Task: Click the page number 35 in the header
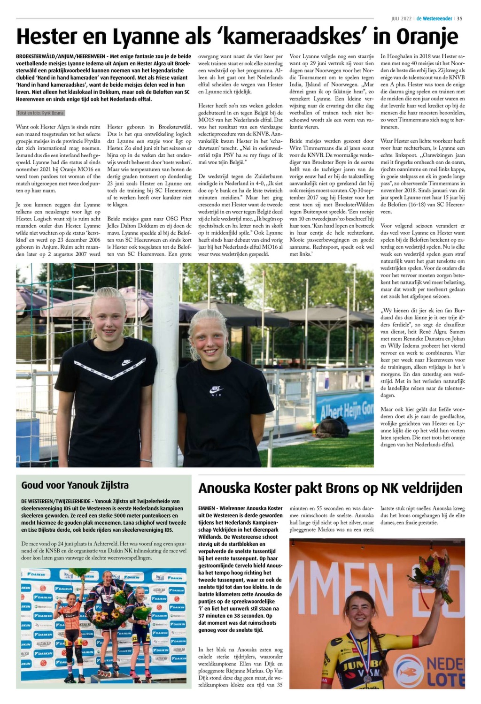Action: click(x=460, y=19)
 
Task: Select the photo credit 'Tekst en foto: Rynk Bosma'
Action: click(x=40, y=113)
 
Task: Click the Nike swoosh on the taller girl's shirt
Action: click(x=126, y=362)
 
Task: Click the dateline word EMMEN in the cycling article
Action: click(x=207, y=508)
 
